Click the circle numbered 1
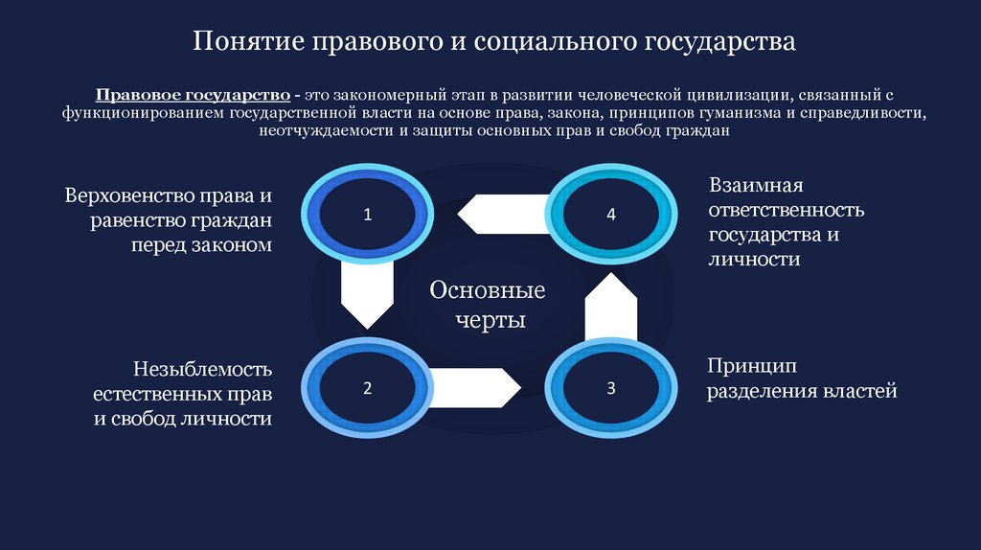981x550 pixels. point(366,215)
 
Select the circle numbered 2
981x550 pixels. point(366,388)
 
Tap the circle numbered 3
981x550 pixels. point(611,388)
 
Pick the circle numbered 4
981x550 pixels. point(611,215)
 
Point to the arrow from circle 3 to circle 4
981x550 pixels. point(611,306)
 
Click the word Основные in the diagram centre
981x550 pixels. point(488,290)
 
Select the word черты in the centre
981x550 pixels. point(489,320)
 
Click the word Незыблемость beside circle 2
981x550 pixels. point(203,369)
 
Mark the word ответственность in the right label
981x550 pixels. point(786,210)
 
